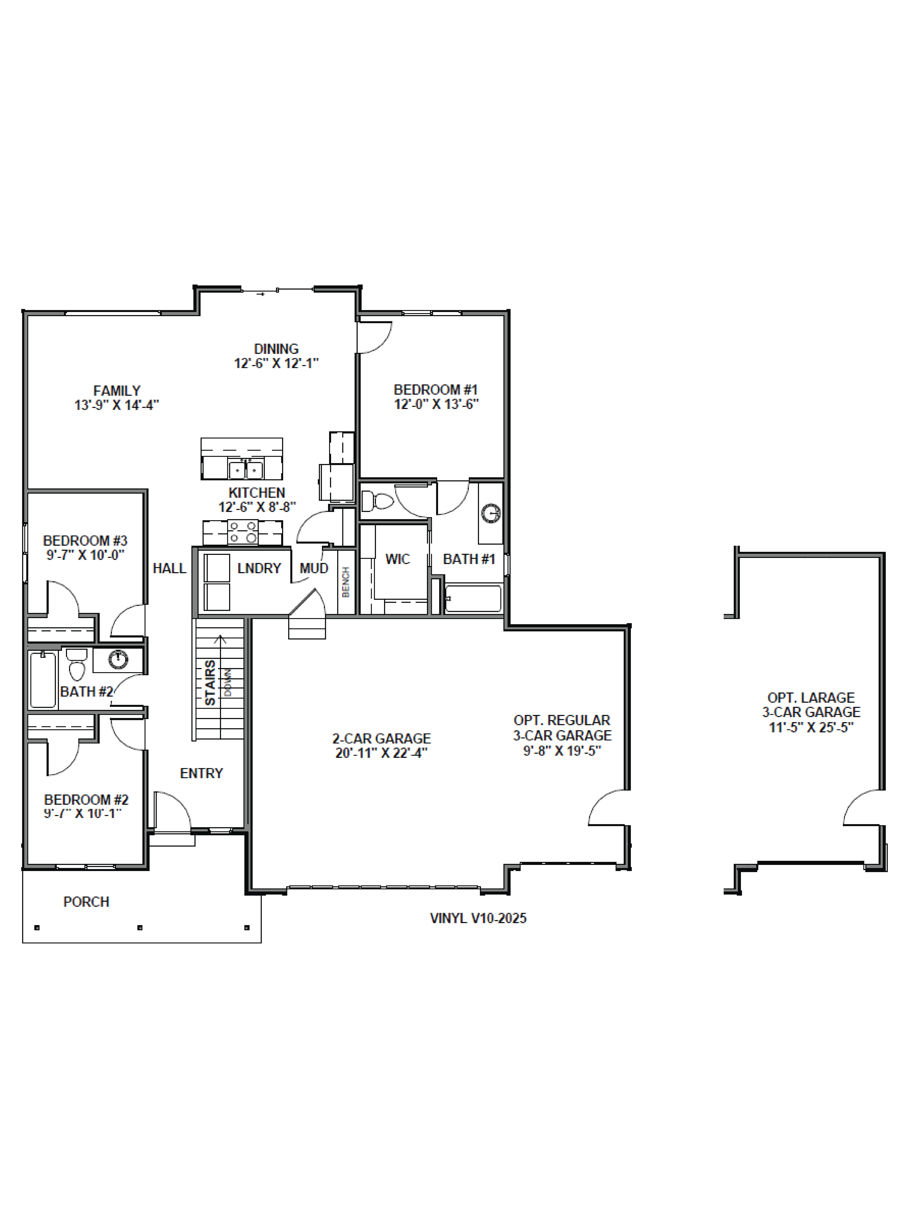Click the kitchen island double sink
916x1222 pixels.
pos(245,470)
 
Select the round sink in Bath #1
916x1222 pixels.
pos(491,514)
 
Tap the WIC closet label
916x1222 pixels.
pos(397,559)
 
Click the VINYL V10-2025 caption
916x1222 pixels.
pos(478,918)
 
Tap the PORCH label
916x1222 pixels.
pos(86,902)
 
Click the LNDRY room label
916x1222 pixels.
pos(259,568)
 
